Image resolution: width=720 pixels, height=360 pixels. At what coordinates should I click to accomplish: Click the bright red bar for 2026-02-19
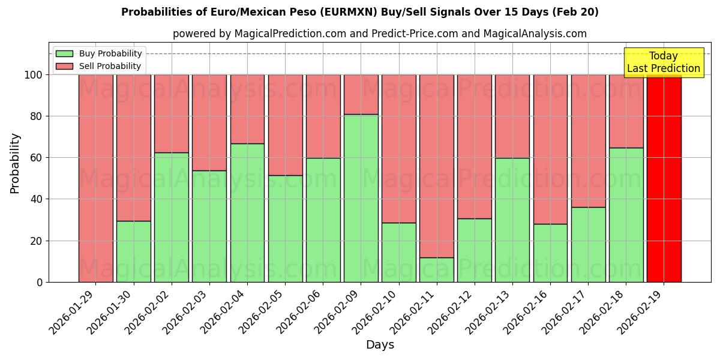coord(664,178)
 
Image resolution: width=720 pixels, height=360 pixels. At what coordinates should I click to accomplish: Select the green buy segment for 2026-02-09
coord(361,198)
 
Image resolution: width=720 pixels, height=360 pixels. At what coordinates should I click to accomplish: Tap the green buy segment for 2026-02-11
coord(436,270)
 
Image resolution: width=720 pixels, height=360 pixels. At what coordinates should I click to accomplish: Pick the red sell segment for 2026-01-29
coord(95,178)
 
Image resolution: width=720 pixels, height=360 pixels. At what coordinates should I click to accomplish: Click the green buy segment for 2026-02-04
coord(247,212)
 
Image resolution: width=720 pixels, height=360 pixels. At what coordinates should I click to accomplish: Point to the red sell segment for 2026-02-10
coord(398,148)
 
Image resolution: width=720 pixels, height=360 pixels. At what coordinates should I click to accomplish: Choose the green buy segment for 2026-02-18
coord(626,215)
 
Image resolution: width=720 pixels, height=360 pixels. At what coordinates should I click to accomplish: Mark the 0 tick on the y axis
coord(39,283)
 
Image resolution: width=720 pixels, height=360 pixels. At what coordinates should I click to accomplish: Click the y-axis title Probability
coord(16,163)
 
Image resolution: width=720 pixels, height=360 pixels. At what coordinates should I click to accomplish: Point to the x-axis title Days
coord(380,345)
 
